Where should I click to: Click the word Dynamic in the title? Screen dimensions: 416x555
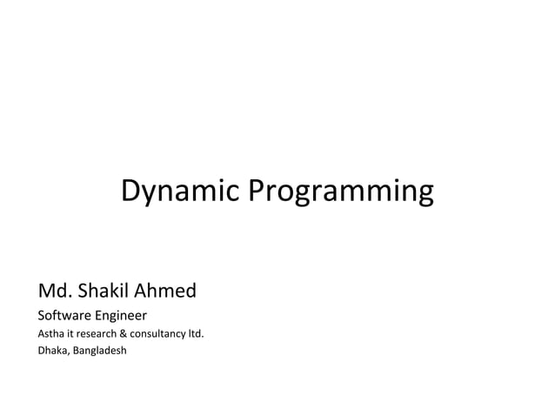tap(181, 191)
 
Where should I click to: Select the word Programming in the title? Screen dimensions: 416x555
tap(341, 191)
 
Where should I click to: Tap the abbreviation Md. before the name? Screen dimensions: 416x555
tap(52, 290)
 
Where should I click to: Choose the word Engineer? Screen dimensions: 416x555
tap(120, 315)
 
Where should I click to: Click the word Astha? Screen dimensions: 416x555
tap(50, 333)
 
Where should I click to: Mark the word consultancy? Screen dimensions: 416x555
tap(159, 333)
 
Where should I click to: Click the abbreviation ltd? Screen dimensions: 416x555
tap(197, 333)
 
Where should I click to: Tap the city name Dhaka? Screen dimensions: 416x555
tap(51, 351)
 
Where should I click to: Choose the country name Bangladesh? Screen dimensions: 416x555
tap(99, 351)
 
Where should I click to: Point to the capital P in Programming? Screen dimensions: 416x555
tap(257, 190)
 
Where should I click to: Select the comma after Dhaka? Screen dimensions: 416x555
tap(68, 353)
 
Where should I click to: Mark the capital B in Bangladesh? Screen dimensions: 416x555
tap(75, 351)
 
